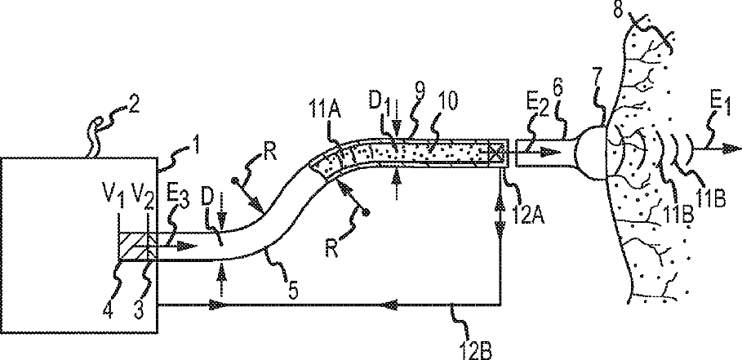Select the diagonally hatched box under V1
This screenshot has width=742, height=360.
point(129,244)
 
